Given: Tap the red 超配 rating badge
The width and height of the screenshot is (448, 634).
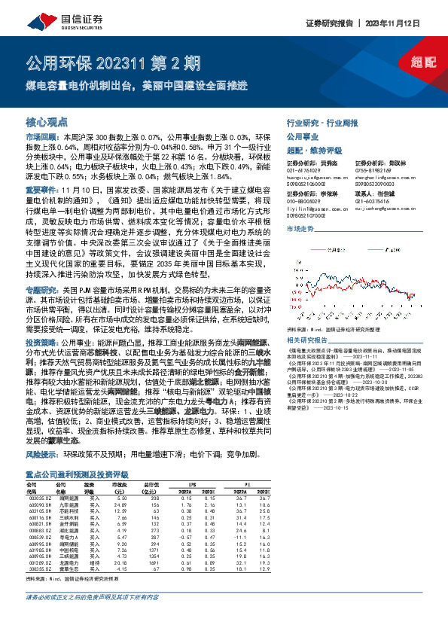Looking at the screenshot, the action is pos(422,63).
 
